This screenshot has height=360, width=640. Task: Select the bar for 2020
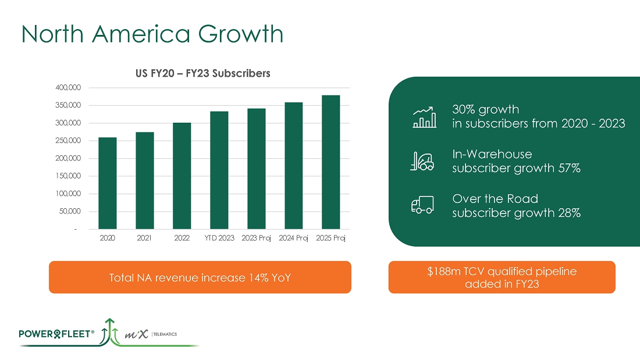108,183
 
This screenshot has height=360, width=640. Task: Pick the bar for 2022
182,176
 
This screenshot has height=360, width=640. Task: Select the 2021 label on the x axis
145,238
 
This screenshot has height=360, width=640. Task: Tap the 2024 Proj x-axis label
293,238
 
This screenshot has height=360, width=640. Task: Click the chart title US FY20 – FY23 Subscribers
200,73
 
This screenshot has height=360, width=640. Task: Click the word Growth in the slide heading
240,35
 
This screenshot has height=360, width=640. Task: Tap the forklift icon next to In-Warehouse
422,161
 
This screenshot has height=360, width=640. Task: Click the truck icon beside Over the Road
422,205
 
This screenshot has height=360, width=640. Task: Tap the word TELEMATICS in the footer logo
165,334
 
